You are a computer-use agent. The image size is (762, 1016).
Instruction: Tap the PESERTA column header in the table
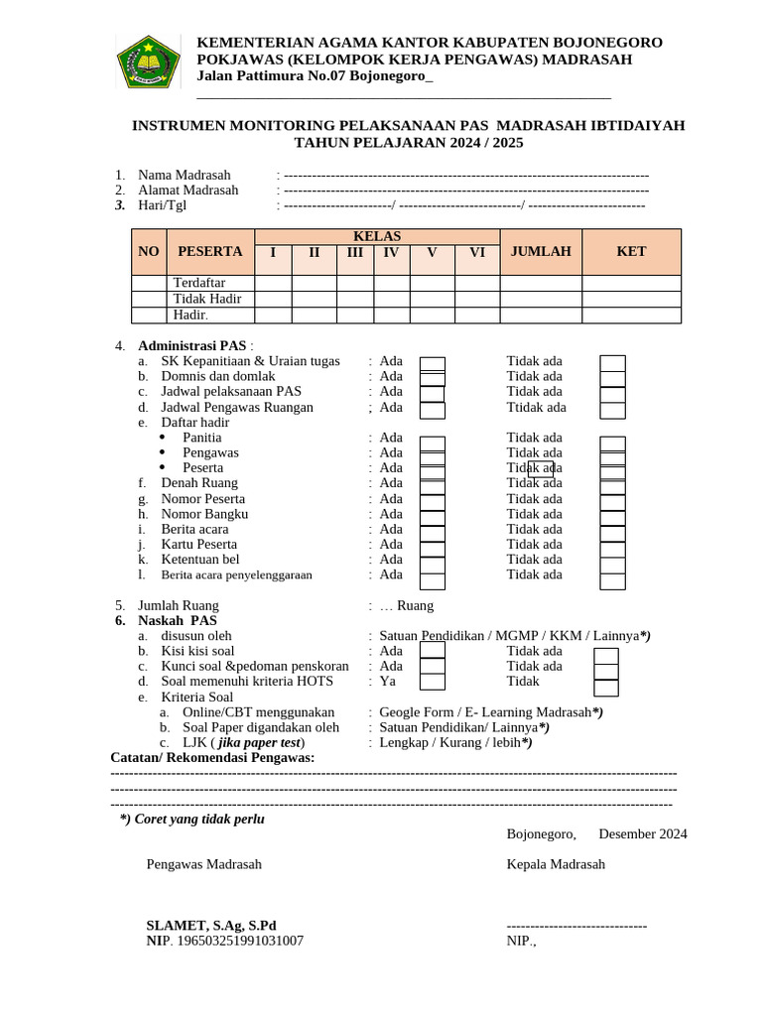click(x=209, y=252)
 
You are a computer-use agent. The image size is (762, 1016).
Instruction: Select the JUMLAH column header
click(x=541, y=252)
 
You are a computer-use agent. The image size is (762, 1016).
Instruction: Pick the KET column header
click(x=631, y=252)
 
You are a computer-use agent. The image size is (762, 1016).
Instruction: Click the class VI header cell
click(x=477, y=253)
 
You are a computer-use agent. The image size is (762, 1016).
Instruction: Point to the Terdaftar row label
click(x=199, y=283)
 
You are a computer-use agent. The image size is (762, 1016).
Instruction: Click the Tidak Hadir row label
click(x=207, y=299)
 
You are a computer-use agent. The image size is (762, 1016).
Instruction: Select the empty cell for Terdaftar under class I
click(x=273, y=283)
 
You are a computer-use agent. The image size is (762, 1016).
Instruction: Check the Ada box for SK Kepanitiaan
click(x=433, y=363)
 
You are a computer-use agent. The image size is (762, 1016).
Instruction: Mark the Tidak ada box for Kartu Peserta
click(x=613, y=545)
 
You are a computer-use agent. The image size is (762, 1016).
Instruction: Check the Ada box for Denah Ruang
click(x=433, y=484)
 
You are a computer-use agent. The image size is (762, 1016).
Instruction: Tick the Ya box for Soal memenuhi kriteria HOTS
click(x=433, y=682)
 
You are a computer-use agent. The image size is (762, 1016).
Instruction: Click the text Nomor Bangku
click(x=204, y=514)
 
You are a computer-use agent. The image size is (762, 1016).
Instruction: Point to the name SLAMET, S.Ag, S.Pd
click(x=211, y=926)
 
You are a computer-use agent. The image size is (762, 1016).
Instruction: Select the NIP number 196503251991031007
click(x=239, y=941)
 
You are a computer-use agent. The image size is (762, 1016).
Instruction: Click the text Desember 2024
click(x=642, y=834)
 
